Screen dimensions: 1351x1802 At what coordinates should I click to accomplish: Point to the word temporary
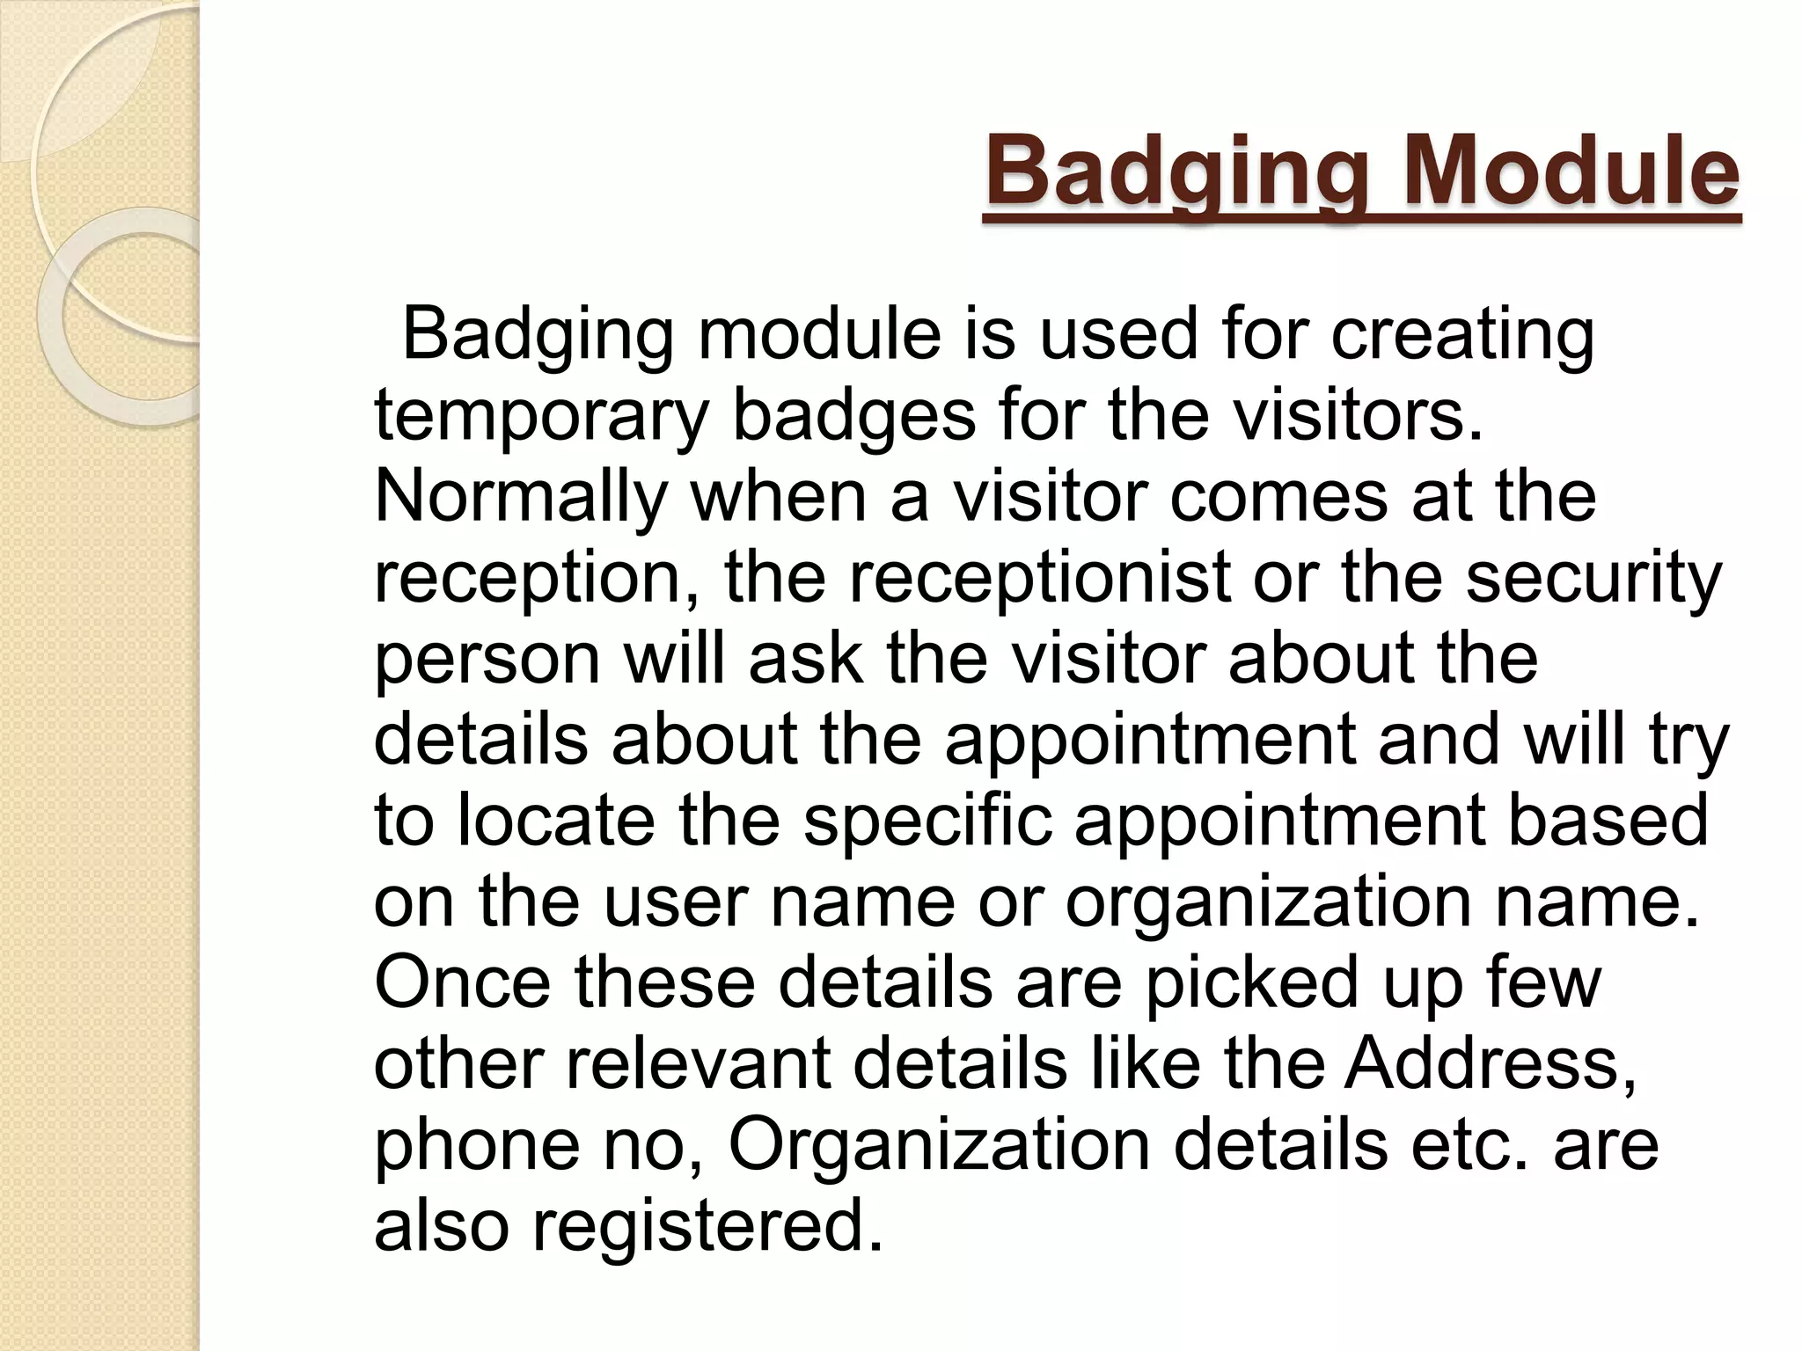[540, 417]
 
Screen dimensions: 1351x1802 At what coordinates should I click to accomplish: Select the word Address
[1490, 1063]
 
